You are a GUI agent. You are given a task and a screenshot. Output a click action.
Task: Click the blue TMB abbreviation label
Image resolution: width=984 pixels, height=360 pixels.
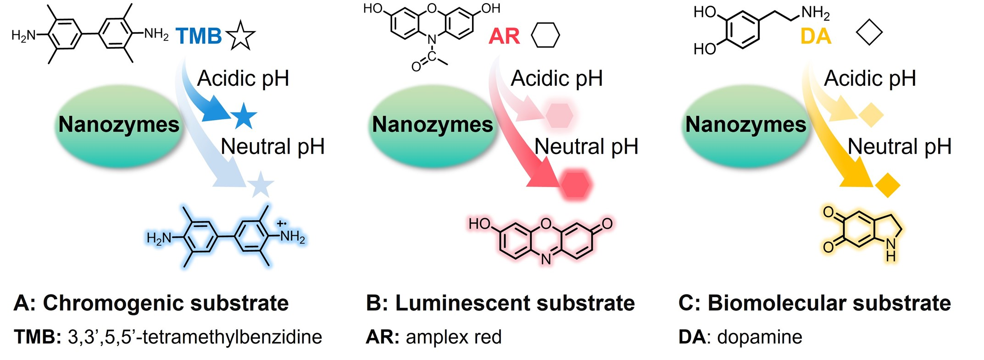click(199, 36)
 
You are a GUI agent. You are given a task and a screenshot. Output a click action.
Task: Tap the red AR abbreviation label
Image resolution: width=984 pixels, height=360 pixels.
click(504, 36)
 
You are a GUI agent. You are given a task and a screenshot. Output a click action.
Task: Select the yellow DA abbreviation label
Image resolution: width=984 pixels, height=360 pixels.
click(816, 36)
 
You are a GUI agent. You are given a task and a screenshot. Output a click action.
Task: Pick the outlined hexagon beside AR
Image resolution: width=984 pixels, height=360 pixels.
click(545, 35)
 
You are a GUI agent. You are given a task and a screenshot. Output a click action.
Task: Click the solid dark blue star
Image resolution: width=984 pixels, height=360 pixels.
click(243, 116)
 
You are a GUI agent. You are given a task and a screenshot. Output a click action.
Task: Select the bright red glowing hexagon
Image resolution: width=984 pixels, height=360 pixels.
click(575, 184)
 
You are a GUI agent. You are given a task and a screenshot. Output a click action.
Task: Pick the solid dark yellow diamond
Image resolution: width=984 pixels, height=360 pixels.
click(888, 185)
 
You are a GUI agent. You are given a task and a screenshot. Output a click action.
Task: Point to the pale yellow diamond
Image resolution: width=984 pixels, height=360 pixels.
click(871, 115)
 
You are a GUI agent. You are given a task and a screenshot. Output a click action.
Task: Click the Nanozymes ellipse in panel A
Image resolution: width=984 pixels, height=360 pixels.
click(119, 125)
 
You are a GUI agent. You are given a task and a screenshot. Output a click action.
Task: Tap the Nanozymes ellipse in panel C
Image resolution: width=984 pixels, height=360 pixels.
click(745, 125)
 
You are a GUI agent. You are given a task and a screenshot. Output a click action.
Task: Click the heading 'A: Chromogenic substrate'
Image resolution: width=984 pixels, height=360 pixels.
click(151, 303)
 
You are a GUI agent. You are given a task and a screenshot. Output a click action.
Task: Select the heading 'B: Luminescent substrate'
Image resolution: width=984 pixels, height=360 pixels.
click(500, 303)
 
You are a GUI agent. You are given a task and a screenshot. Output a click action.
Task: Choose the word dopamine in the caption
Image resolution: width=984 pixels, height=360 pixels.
click(760, 337)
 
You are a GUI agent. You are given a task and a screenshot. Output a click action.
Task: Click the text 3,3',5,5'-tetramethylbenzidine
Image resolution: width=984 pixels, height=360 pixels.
click(195, 337)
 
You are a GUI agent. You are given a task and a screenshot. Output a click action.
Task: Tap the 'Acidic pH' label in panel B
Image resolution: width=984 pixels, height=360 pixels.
click(556, 78)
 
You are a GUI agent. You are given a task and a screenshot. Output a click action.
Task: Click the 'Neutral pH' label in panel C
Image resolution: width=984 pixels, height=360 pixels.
click(899, 147)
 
